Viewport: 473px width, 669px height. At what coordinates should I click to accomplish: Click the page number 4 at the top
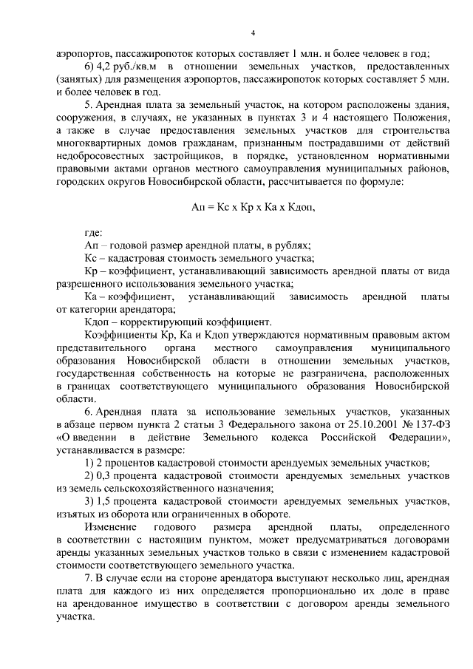point(253,33)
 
